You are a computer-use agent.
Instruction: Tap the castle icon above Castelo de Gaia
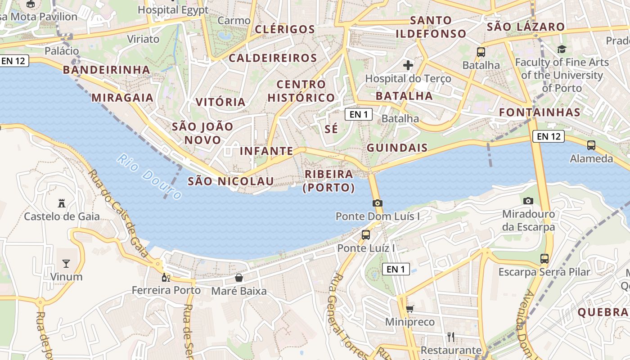click(x=62, y=203)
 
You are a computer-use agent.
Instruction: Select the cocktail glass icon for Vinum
click(x=66, y=263)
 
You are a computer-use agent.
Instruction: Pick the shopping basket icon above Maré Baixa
click(x=239, y=278)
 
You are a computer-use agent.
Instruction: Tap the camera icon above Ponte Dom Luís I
click(x=378, y=203)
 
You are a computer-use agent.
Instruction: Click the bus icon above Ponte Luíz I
click(x=366, y=234)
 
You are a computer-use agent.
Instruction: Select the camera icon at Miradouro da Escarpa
click(x=528, y=201)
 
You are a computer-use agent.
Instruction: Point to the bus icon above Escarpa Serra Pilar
click(x=544, y=259)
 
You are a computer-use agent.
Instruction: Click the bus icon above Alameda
click(x=591, y=145)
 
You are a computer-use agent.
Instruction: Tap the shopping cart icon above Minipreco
click(x=409, y=309)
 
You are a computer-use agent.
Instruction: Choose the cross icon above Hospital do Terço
click(x=408, y=65)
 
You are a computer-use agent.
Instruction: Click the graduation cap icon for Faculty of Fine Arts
click(x=562, y=49)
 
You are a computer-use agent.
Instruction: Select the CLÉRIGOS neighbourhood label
click(x=285, y=30)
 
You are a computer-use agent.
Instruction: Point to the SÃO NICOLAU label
click(x=230, y=181)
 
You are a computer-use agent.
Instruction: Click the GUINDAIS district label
click(x=397, y=148)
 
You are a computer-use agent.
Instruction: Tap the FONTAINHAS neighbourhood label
click(x=540, y=112)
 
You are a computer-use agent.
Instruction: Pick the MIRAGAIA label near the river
click(x=122, y=98)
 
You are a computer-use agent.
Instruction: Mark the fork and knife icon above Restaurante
click(x=451, y=337)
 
